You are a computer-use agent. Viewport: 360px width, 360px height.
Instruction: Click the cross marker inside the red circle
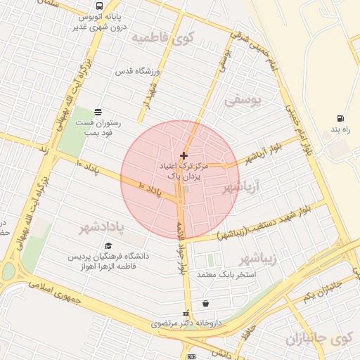coord(184,155)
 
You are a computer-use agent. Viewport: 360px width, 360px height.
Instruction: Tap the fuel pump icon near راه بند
coord(341,118)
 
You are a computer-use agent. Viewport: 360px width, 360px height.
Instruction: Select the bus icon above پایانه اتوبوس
coord(95,4)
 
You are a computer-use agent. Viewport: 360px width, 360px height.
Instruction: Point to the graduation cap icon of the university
coord(108,245)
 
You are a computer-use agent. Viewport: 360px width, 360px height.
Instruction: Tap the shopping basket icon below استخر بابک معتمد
coord(205,304)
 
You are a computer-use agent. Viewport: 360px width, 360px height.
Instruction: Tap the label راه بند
coord(340,130)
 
